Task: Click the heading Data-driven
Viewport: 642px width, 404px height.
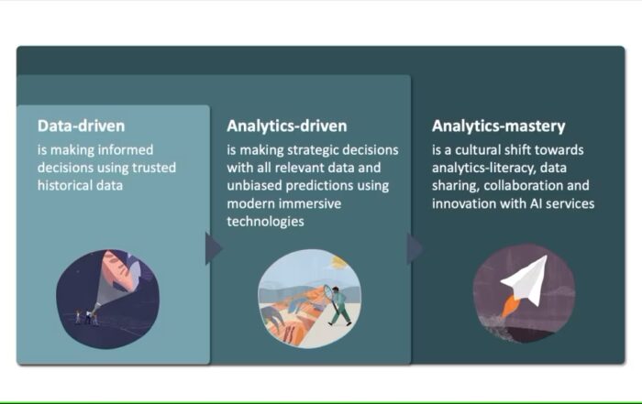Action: pyautogui.click(x=81, y=126)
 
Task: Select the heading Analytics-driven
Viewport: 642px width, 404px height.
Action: pyautogui.click(x=287, y=126)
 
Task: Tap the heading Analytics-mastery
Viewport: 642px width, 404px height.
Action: pyautogui.click(x=498, y=126)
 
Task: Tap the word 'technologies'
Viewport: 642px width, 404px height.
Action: pyautogui.click(x=265, y=221)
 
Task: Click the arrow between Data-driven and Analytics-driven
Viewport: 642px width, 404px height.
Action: pyautogui.click(x=214, y=247)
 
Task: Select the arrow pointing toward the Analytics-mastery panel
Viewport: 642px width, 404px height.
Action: pyautogui.click(x=415, y=247)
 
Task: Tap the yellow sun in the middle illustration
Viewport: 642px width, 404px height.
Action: pyautogui.click(x=340, y=262)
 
